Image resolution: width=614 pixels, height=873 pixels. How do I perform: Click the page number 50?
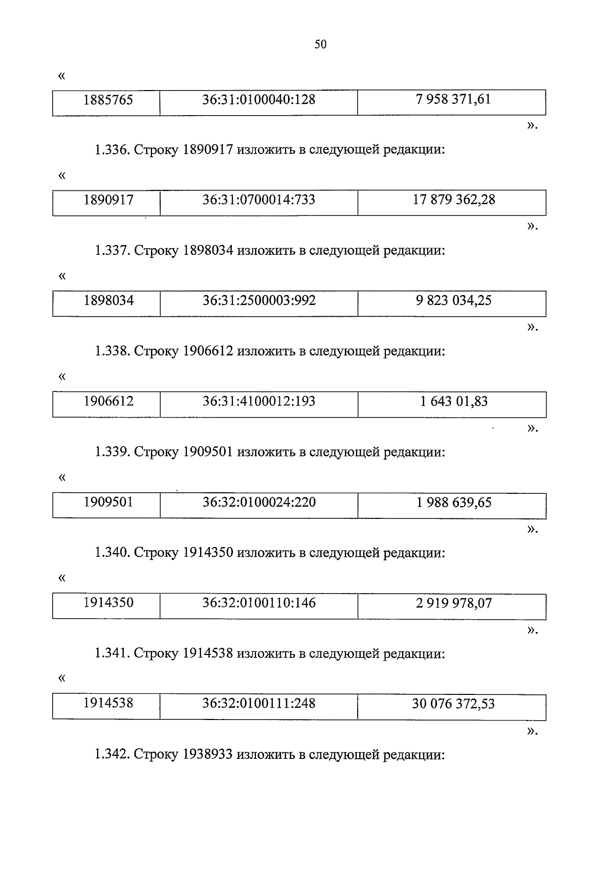[x=320, y=45]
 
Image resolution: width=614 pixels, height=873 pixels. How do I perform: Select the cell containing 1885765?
[x=108, y=100]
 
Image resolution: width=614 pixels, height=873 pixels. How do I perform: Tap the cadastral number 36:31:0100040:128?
[x=258, y=99]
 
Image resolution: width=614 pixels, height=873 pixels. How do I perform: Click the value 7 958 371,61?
[x=453, y=99]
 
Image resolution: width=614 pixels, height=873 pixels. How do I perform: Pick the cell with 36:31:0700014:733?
[x=258, y=200]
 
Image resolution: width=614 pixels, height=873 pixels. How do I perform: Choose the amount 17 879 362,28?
[x=454, y=200]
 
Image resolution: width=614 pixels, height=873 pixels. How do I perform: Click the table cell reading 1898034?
[x=108, y=300]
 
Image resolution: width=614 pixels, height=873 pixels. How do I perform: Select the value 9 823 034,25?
[x=453, y=300]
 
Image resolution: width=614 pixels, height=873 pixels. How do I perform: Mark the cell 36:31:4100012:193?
[x=258, y=401]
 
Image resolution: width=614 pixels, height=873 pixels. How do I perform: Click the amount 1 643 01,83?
[x=454, y=401]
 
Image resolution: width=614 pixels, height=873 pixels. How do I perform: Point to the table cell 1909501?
[x=108, y=502]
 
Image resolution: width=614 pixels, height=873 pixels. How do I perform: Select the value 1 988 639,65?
[x=454, y=502]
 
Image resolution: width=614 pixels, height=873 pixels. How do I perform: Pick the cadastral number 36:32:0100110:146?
[x=258, y=603]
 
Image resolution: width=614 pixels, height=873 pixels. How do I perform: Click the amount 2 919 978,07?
[x=454, y=603]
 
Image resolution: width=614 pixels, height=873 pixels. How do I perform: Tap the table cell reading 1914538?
[x=108, y=703]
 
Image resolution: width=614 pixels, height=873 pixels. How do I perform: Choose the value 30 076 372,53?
[x=453, y=704]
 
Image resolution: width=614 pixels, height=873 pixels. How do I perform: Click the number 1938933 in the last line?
[x=208, y=754]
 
